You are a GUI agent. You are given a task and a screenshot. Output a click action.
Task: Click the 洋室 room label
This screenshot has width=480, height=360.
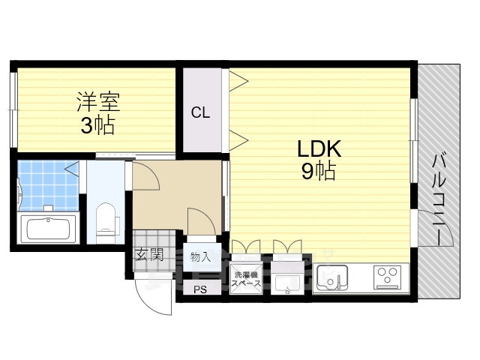(x=98, y=102)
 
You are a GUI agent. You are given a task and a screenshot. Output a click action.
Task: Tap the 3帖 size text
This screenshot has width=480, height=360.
(x=97, y=125)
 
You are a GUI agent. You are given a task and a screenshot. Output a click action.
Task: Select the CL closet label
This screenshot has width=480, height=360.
(x=200, y=112)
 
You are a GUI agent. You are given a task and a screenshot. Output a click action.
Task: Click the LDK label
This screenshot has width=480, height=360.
(x=319, y=148)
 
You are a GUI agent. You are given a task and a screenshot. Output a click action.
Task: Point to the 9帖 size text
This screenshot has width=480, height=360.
(x=318, y=171)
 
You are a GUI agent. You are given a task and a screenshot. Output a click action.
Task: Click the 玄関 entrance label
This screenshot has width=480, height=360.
(x=150, y=255)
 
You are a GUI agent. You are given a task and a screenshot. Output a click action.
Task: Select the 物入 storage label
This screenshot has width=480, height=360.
(x=201, y=257)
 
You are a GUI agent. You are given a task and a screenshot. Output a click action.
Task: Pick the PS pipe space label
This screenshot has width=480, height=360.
(x=200, y=289)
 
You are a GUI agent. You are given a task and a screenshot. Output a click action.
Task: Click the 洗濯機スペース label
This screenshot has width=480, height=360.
(x=246, y=279)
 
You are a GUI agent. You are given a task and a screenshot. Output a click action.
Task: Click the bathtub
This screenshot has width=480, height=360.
(x=48, y=228)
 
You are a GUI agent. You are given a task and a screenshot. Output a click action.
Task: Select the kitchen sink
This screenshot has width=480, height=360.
(x=332, y=277)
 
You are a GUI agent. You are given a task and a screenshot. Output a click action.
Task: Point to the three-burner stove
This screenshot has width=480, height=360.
(x=388, y=277)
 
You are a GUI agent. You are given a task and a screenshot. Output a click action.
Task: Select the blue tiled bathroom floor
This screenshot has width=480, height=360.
(x=48, y=186)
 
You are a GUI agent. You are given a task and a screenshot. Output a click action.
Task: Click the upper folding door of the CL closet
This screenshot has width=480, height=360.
(x=238, y=81)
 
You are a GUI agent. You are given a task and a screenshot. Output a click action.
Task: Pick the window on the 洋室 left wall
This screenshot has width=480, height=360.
(x=13, y=110)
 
